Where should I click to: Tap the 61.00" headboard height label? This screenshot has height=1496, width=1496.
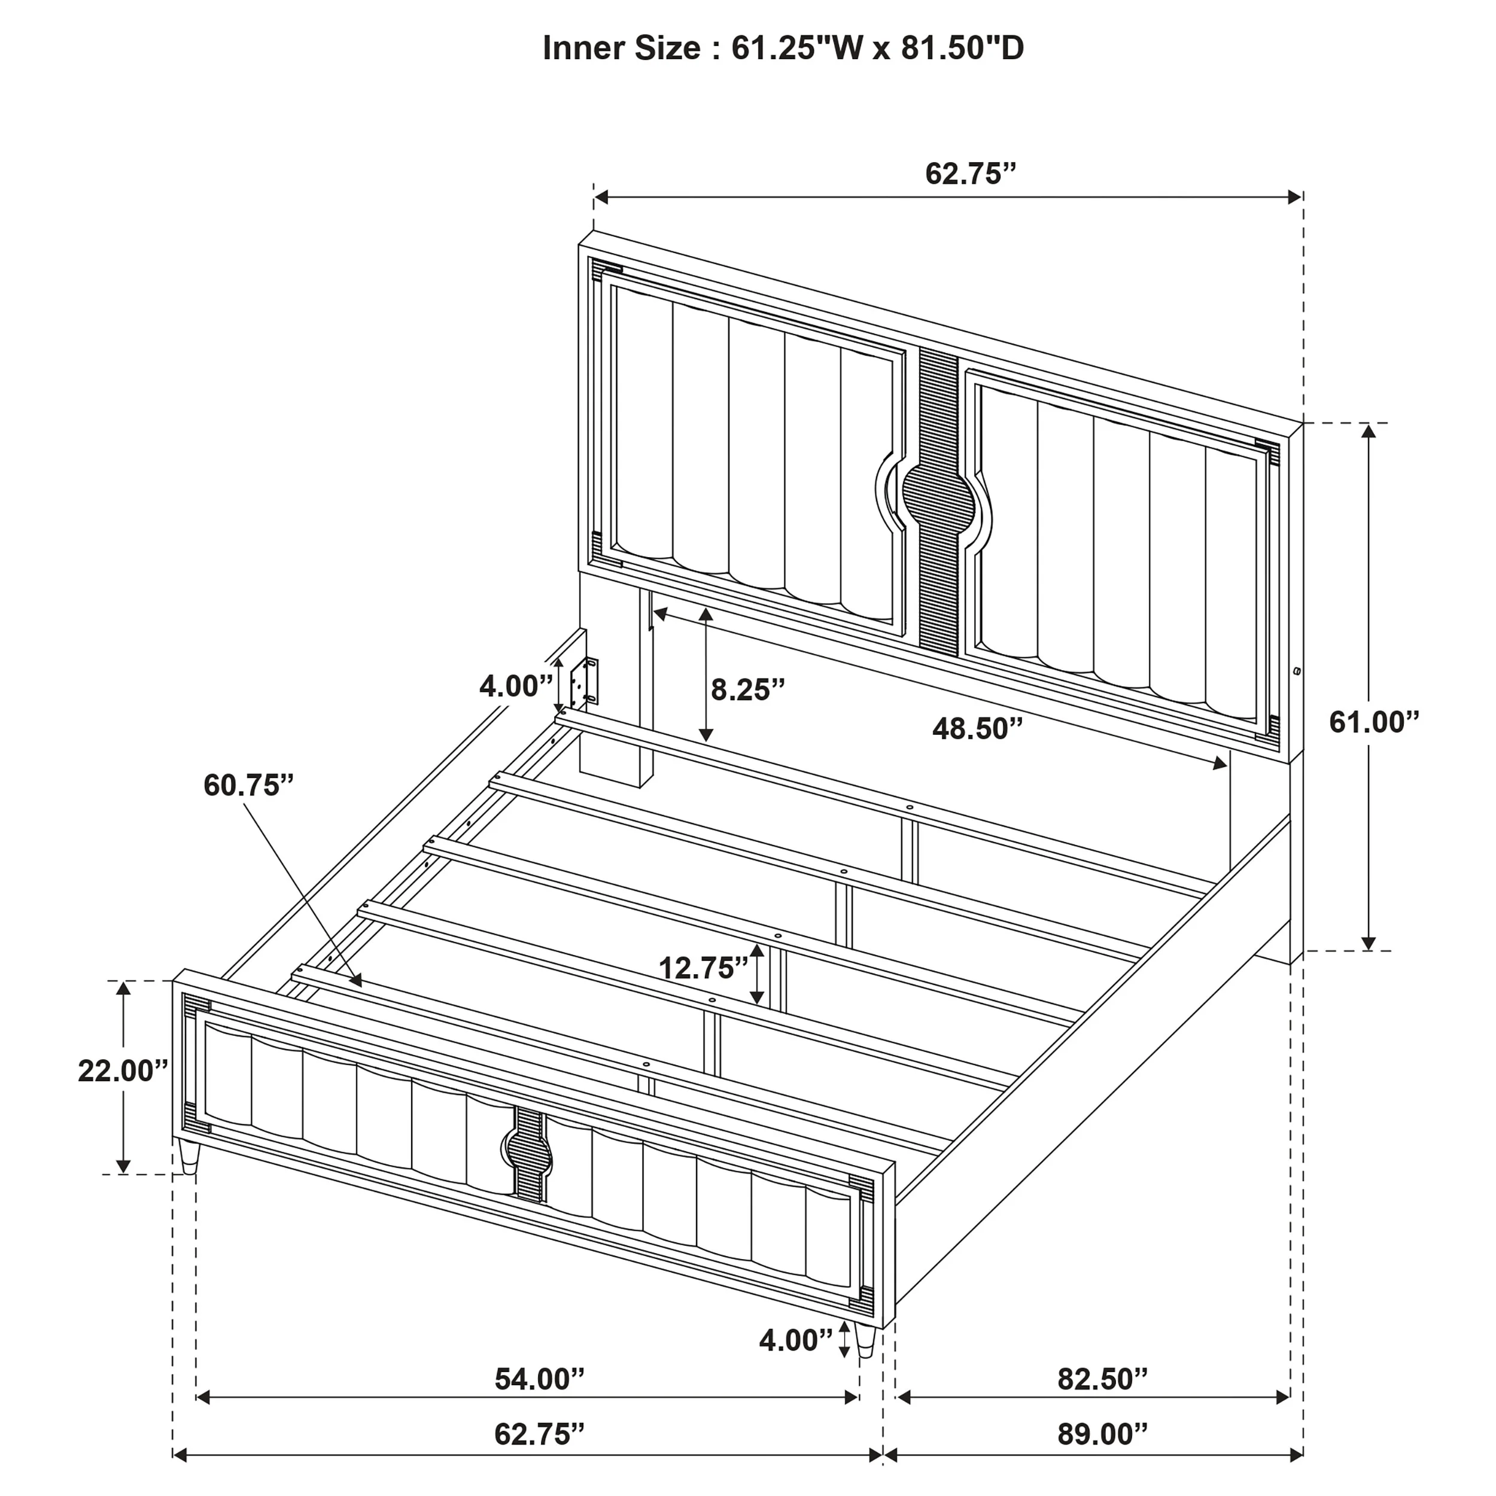[x=1375, y=722]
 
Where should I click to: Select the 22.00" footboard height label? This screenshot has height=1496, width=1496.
[x=122, y=1071]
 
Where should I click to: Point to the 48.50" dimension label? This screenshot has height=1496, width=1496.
[x=977, y=729]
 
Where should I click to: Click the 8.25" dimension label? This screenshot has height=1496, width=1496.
[x=748, y=689]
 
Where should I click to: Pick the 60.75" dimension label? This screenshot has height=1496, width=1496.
[x=248, y=785]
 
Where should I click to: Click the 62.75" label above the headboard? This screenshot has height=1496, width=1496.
[x=970, y=174]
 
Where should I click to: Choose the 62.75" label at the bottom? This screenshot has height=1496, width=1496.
[x=539, y=1435]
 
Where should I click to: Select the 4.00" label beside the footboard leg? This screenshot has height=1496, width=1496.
[x=796, y=1340]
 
